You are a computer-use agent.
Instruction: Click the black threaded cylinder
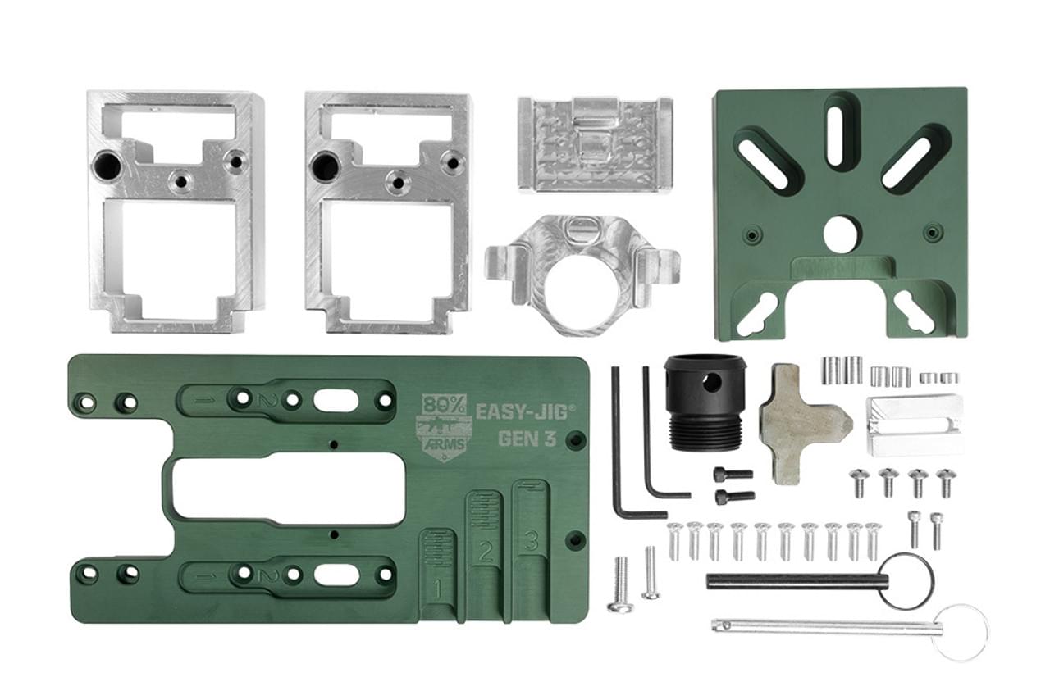tap(705, 402)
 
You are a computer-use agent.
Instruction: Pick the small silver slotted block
tap(914, 425)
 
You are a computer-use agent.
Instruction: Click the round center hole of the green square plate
tap(840, 234)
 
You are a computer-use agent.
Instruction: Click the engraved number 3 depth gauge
tap(531, 541)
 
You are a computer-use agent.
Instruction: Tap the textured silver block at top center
tap(595, 144)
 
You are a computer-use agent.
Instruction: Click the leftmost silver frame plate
tap(176, 212)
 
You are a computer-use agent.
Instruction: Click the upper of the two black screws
tap(733, 474)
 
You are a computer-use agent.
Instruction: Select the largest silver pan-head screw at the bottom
tap(621, 584)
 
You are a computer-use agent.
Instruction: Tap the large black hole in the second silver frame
tap(326, 168)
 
